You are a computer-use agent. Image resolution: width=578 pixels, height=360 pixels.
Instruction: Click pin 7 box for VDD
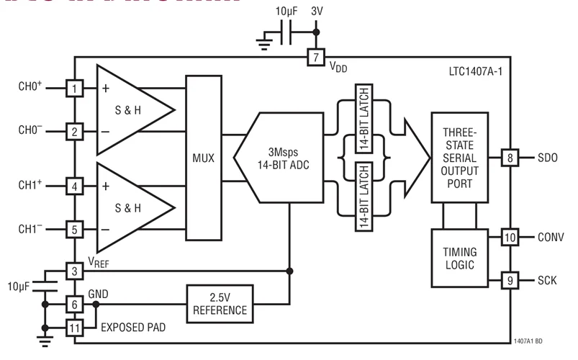coord(315,58)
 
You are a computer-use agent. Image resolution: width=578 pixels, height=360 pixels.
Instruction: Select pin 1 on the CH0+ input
coord(75,89)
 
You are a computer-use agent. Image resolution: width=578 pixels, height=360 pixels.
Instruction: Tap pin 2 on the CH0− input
coord(75,131)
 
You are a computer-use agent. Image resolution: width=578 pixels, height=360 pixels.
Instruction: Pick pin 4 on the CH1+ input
coord(75,186)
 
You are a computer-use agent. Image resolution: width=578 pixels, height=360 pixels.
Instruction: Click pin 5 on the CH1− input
coord(75,230)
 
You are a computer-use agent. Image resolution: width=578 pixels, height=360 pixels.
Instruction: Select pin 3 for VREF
coord(75,271)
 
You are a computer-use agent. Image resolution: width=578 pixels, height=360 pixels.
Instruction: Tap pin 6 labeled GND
coord(75,305)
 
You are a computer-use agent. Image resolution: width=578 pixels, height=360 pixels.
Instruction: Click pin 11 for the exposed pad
coord(75,328)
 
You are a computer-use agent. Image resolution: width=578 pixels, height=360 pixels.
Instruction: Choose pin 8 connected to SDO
coord(510,158)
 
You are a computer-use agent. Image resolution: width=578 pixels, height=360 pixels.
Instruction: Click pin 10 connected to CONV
coord(510,237)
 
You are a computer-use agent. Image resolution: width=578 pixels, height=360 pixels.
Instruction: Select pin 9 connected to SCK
coord(510,280)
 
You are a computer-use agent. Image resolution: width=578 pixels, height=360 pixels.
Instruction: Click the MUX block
coord(204,157)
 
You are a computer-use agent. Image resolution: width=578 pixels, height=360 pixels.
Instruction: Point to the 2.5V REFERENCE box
coord(220,304)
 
